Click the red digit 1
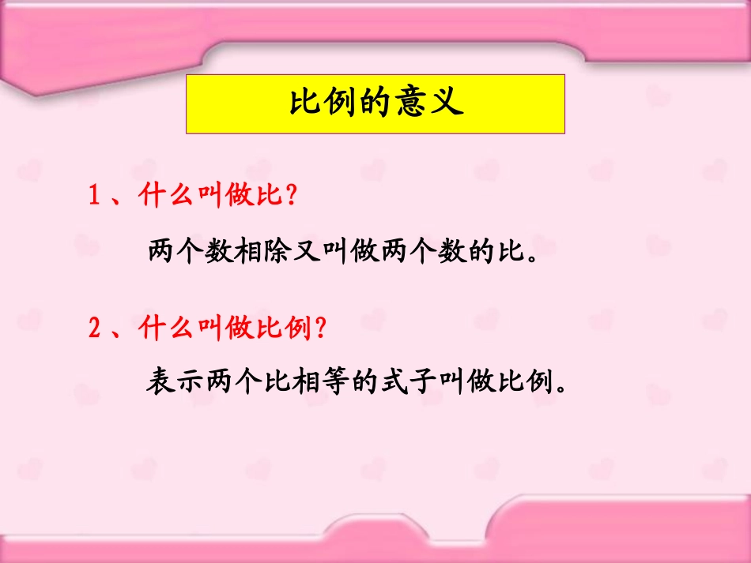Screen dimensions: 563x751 (94, 196)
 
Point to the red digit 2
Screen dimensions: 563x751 (94, 328)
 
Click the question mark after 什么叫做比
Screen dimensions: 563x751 (292, 196)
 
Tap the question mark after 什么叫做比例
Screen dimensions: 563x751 (321, 328)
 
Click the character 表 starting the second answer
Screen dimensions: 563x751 (160, 384)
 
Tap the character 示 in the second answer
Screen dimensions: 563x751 (190, 384)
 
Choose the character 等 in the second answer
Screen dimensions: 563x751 (335, 384)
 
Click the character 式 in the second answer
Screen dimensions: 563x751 (394, 384)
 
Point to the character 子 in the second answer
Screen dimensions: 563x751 (423, 384)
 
